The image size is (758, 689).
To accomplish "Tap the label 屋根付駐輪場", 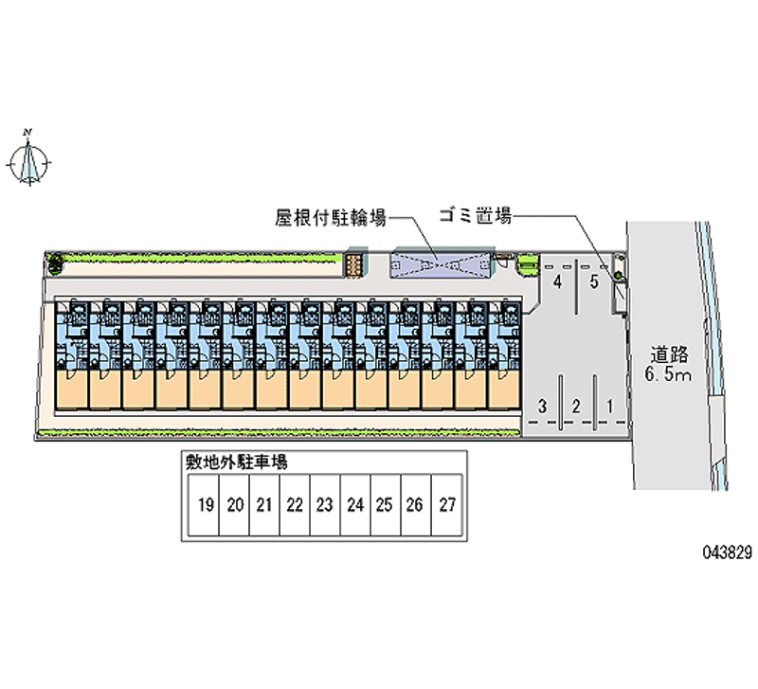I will pos(331,218).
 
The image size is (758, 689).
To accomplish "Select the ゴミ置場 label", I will pos(475,217).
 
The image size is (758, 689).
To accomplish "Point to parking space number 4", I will pos(558,281).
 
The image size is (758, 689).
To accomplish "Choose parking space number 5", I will pos(593,281).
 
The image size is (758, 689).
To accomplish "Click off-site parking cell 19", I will pos(204,505).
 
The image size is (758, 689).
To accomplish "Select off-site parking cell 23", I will pos(324,505).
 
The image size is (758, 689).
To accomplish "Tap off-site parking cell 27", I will pos(446,505).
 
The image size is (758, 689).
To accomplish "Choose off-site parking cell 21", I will pos(264,505).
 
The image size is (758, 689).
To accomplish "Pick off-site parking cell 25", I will pos(384,505).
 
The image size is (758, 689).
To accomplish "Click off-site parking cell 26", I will pos(414,505).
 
